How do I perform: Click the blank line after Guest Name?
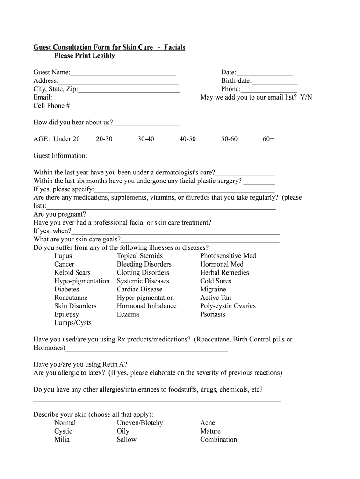point(123,73)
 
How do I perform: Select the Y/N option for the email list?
point(306,97)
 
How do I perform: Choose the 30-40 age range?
point(146,139)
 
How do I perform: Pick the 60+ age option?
point(268,139)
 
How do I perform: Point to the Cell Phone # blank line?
point(110,107)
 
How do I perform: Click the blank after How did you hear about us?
point(146,123)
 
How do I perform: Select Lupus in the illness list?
point(63,256)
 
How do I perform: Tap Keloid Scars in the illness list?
point(72,273)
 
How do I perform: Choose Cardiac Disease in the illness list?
point(140,290)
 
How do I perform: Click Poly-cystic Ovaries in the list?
point(228,306)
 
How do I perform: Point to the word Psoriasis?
point(213,314)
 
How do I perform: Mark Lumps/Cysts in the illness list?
point(73,323)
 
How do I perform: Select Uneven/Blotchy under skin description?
point(140,423)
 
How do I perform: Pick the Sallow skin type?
point(127,440)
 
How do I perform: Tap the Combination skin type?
point(218,440)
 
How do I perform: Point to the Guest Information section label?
point(60,156)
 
